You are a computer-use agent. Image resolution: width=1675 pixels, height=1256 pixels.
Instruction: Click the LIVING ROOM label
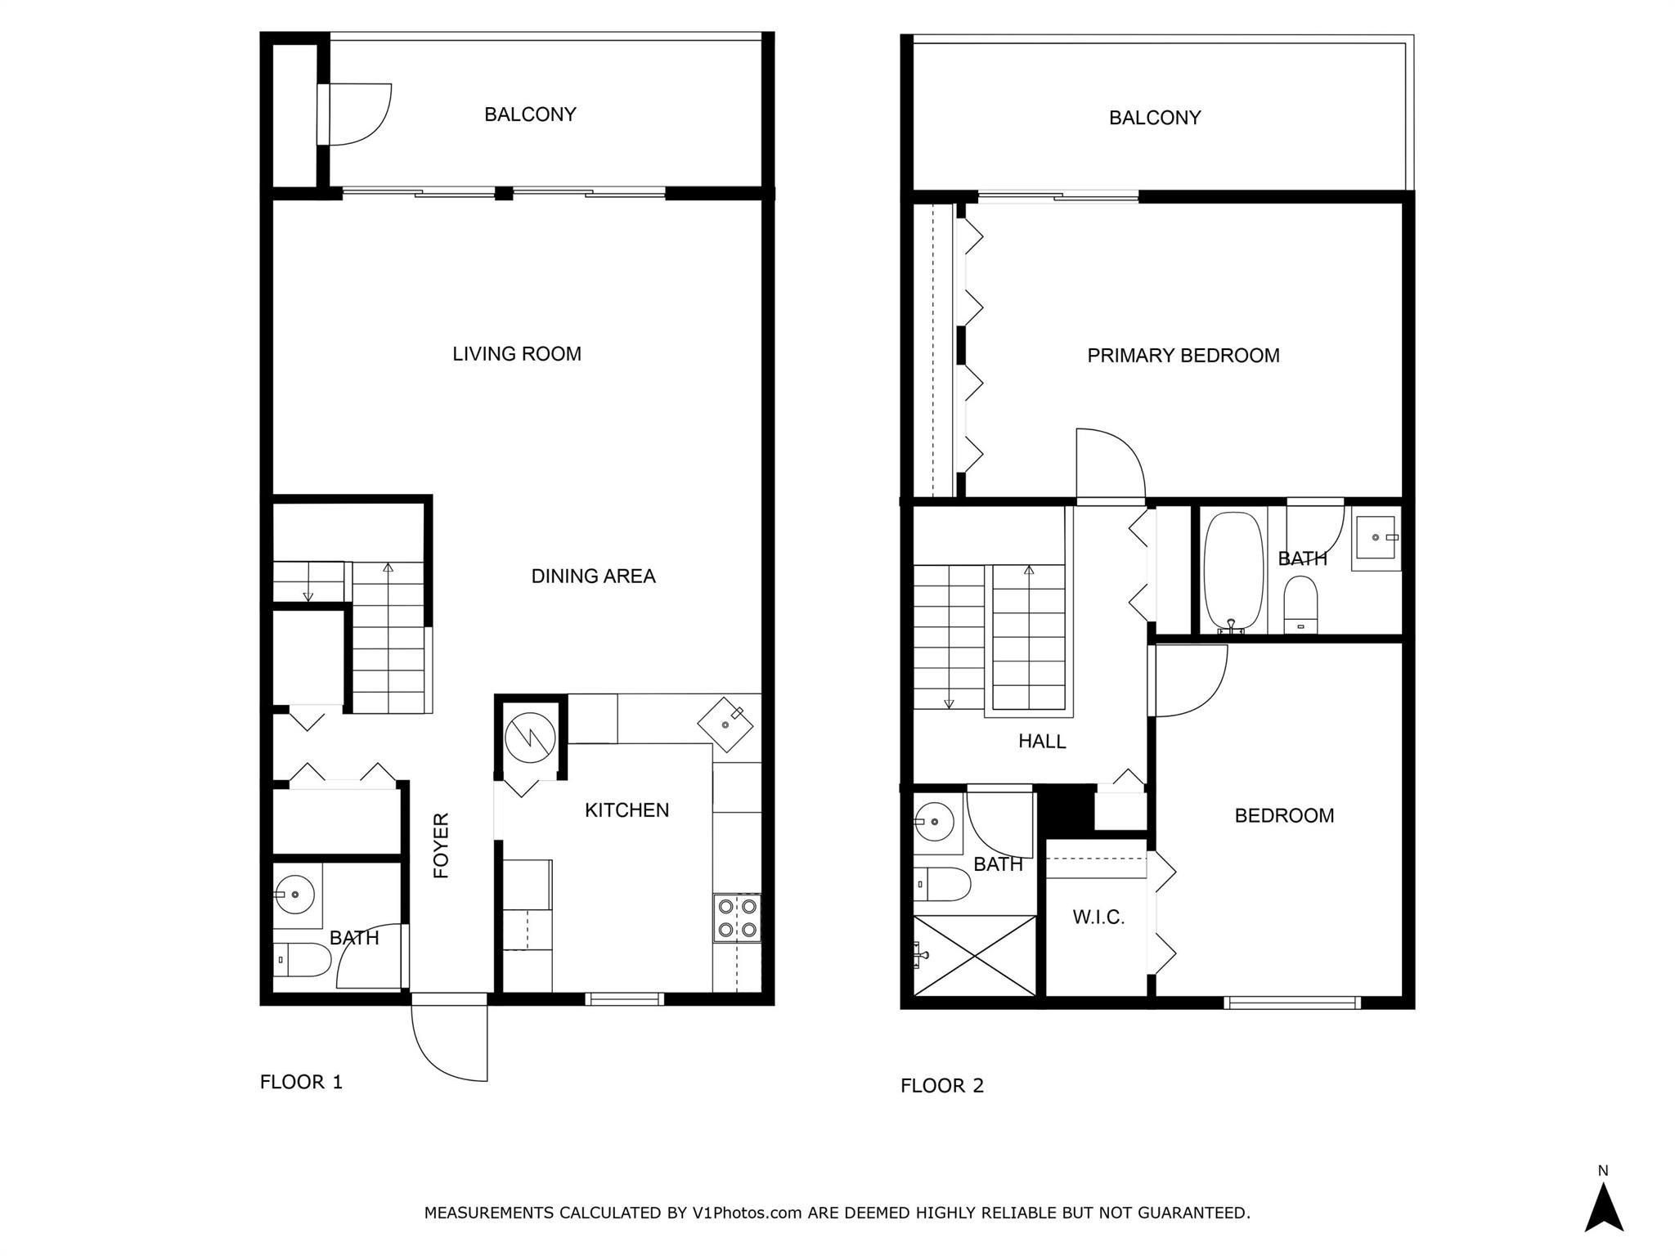(x=517, y=354)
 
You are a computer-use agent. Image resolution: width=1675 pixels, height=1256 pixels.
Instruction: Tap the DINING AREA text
(x=593, y=576)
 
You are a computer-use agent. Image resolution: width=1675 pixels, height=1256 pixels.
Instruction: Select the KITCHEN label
(x=626, y=810)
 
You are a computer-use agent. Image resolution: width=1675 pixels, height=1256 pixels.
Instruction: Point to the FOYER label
(x=442, y=846)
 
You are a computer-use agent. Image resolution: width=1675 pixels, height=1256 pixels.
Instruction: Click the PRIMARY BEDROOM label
(x=1183, y=356)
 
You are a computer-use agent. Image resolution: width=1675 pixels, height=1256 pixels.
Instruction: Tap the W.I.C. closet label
(x=1098, y=917)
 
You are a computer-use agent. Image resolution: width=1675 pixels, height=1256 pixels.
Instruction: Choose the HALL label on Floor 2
(x=1042, y=742)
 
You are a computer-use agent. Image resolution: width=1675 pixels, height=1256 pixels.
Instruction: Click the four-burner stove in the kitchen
(x=737, y=917)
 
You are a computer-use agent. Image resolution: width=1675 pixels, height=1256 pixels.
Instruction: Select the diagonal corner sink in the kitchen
(x=726, y=724)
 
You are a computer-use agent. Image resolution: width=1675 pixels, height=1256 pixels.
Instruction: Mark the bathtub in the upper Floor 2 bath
(x=1233, y=571)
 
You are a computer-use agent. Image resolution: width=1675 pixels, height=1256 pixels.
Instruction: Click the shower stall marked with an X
(x=974, y=955)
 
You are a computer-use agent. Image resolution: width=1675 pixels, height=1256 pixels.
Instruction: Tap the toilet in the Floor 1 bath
(x=303, y=960)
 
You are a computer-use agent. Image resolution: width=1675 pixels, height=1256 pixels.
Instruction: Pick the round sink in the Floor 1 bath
(x=295, y=894)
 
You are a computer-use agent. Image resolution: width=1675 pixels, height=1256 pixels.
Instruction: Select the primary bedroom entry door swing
(x=1108, y=464)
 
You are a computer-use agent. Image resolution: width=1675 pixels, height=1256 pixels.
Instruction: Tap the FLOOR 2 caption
(x=941, y=1086)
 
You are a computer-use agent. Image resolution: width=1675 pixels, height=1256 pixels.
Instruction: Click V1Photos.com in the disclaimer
(x=757, y=1213)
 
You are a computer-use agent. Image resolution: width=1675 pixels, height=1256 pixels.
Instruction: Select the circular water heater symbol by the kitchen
(x=530, y=738)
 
